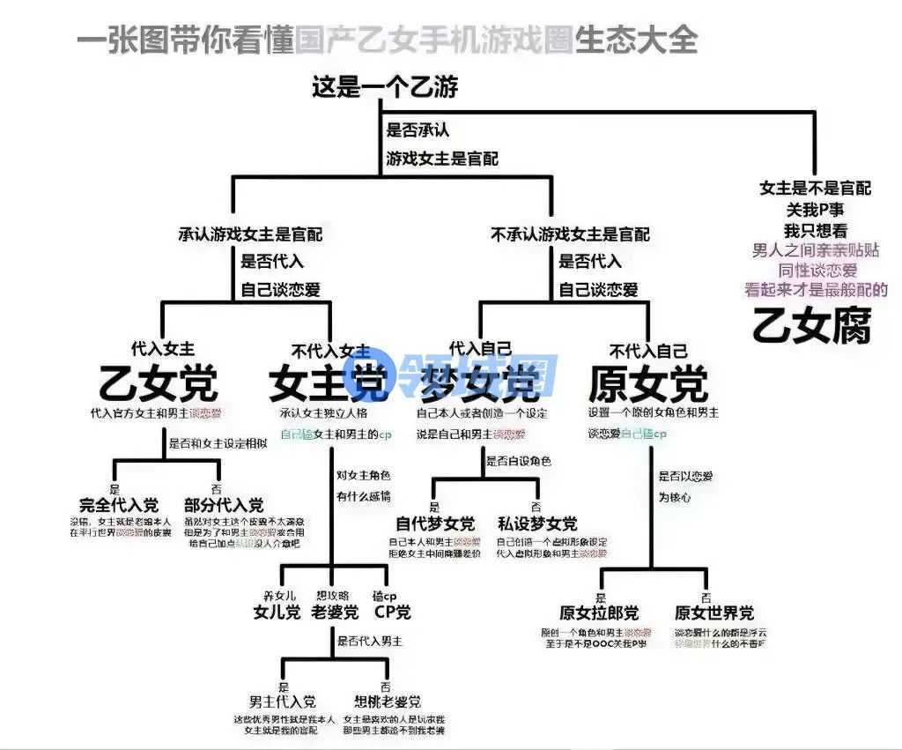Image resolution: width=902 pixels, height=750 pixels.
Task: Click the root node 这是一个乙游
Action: [x=385, y=87]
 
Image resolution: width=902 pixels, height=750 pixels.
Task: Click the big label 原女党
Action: [x=647, y=383]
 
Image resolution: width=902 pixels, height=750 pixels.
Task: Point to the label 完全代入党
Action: [x=119, y=505]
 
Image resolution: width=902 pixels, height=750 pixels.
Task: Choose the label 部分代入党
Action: [x=224, y=505]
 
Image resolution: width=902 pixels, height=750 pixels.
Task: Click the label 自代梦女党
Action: [x=435, y=524]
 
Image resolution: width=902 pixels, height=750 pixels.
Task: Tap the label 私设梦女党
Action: [x=537, y=524]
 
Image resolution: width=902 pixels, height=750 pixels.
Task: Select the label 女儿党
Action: [x=277, y=612]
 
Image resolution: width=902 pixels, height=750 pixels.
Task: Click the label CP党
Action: [x=392, y=612]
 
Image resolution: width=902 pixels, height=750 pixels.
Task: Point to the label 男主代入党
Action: [x=283, y=702]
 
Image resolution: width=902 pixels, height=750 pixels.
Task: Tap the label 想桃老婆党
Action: [x=388, y=702]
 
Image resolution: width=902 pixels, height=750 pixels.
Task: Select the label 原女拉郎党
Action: [x=599, y=613]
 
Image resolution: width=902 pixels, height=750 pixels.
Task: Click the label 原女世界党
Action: [x=714, y=613]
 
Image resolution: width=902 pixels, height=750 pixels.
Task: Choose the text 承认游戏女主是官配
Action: [x=250, y=234]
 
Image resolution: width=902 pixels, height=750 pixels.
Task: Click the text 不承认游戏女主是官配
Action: [x=570, y=234]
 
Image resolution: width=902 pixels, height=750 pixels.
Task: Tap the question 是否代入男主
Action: [x=370, y=642]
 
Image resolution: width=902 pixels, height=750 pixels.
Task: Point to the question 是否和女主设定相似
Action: [x=218, y=443]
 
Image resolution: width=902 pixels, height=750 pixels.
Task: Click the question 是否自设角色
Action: [x=520, y=461]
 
